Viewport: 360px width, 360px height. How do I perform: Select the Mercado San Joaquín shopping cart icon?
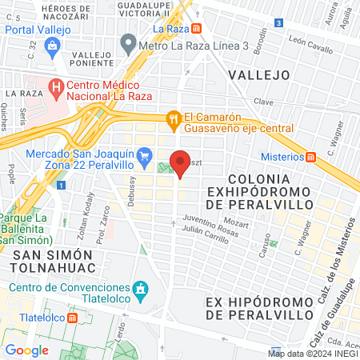point(144,155)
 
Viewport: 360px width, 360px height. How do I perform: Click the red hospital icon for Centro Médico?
point(55,86)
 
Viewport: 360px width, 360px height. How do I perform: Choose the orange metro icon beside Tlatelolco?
point(74,317)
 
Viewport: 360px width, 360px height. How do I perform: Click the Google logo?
point(26,350)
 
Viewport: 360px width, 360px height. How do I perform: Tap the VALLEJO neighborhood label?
point(258,74)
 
